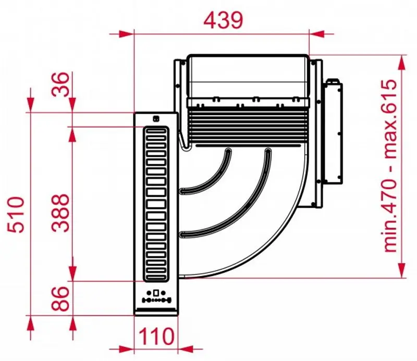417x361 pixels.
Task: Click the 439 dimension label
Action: click(224, 20)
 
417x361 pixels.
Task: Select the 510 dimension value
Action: click(16, 215)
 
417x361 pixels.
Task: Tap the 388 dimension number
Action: click(60, 213)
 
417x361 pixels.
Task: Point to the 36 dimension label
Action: click(60, 84)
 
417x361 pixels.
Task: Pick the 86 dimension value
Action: click(60, 298)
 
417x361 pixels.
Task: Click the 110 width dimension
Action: click(156, 336)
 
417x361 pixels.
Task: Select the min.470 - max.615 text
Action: click(389, 165)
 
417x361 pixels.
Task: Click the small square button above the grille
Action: click(156, 119)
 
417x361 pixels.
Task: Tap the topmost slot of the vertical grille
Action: click(156, 132)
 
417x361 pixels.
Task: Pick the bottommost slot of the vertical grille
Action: click(156, 277)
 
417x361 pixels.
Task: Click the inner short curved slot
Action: click(205, 172)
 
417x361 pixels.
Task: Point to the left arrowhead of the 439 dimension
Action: click(126, 34)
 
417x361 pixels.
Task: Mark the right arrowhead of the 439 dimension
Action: click(317, 34)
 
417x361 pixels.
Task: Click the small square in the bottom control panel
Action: click(156, 292)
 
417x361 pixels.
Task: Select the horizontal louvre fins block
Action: click(248, 125)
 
